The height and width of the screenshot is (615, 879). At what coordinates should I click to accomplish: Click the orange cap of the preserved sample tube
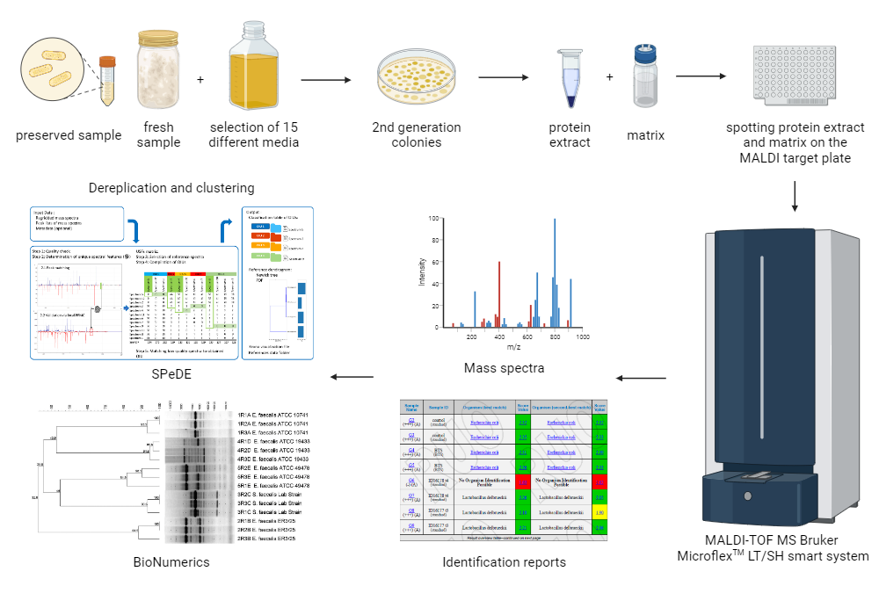pyautogui.click(x=107, y=62)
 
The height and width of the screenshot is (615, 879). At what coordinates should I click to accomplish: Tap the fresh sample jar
pyautogui.click(x=158, y=71)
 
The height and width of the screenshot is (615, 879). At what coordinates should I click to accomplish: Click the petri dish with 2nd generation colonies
pyautogui.click(x=416, y=77)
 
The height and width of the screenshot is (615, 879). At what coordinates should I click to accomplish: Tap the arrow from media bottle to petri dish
pyautogui.click(x=326, y=79)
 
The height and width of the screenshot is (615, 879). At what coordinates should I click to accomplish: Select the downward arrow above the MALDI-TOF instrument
pyautogui.click(x=795, y=196)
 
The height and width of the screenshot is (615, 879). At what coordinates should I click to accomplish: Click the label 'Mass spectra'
pyautogui.click(x=504, y=367)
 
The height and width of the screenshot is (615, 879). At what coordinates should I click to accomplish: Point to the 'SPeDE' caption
pyautogui.click(x=172, y=375)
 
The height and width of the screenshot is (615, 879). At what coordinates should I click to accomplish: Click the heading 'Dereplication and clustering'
pyautogui.click(x=171, y=187)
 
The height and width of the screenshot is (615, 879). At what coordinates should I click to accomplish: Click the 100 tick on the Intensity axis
pyautogui.click(x=433, y=218)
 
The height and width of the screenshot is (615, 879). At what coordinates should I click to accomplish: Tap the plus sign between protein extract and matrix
pyautogui.click(x=610, y=77)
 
